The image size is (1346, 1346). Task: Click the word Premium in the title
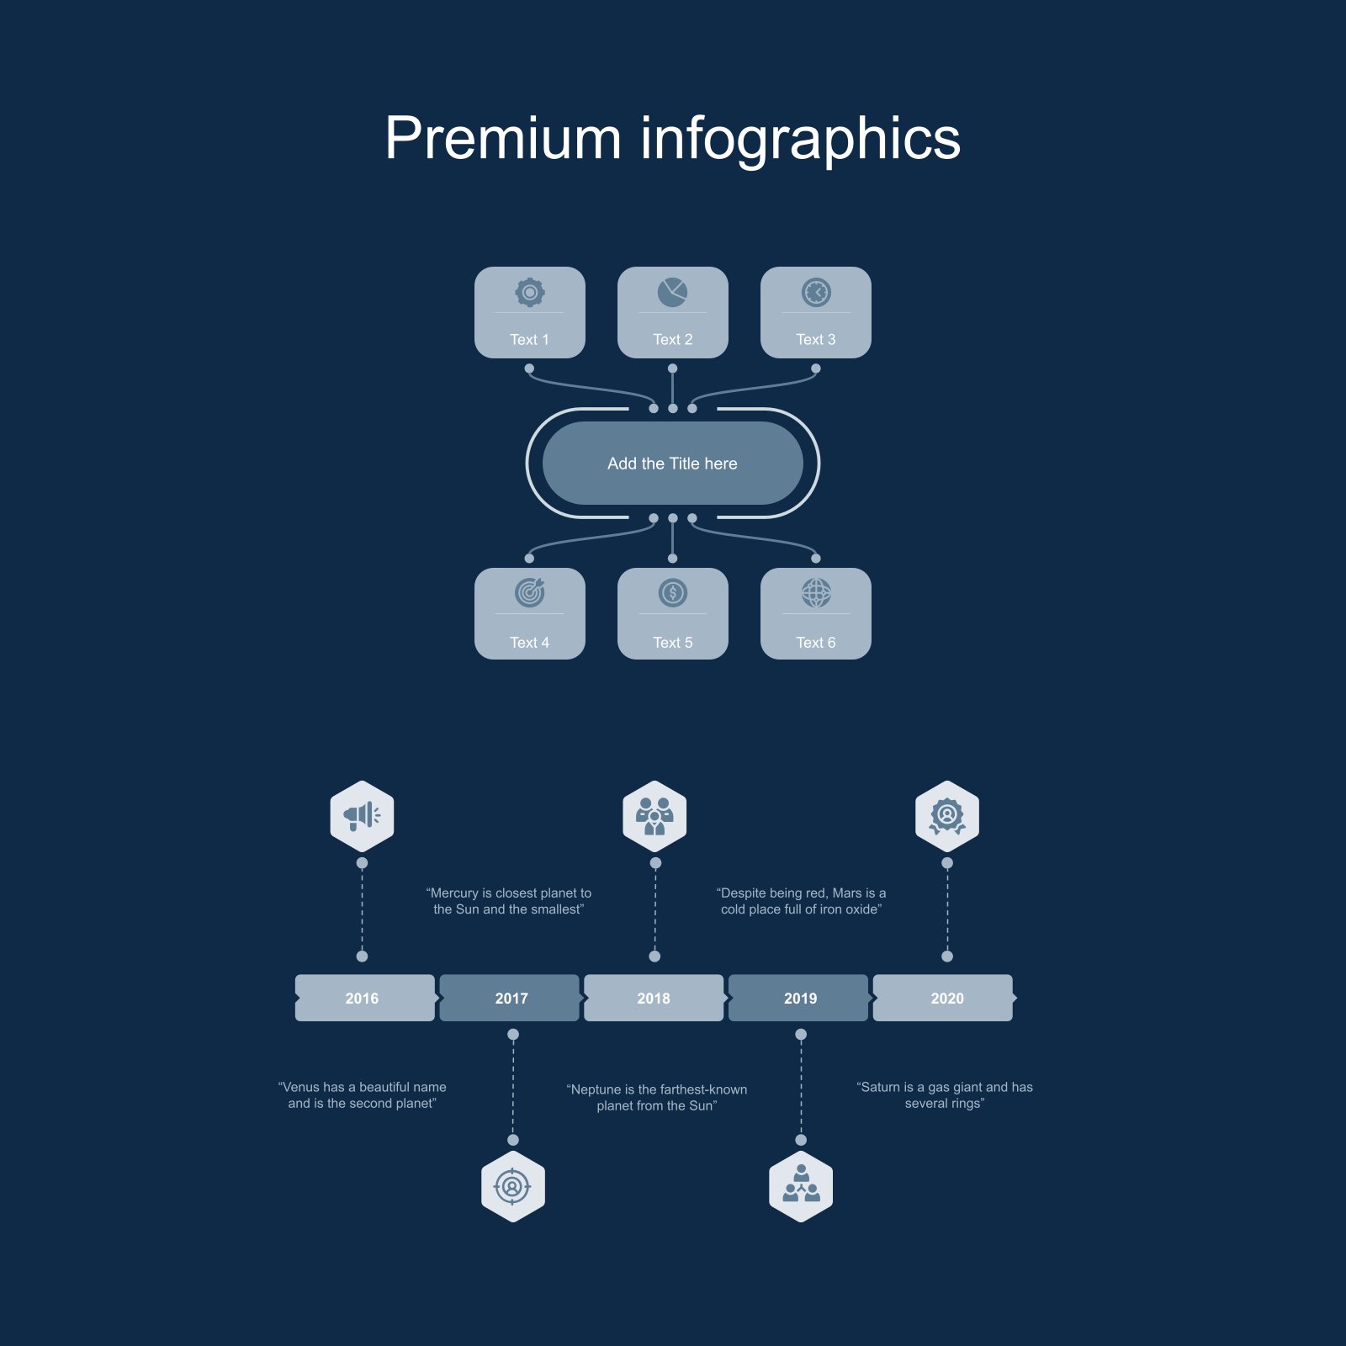pyautogui.click(x=502, y=138)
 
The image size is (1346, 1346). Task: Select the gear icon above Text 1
pyautogui.click(x=530, y=292)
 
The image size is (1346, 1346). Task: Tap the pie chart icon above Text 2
pyautogui.click(x=673, y=292)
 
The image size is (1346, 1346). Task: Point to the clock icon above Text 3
pyautogui.click(x=816, y=292)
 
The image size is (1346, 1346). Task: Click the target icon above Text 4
pyautogui.click(x=530, y=593)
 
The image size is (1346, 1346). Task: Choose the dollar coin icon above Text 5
pyautogui.click(x=673, y=593)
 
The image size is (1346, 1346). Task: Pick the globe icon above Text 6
pyautogui.click(x=816, y=593)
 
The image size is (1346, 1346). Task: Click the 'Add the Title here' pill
pyautogui.click(x=673, y=464)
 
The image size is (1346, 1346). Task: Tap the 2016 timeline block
pyautogui.click(x=365, y=998)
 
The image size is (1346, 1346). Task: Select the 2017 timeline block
pyautogui.click(x=510, y=998)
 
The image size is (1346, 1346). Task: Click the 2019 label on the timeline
pyautogui.click(x=800, y=999)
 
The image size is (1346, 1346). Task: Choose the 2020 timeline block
pyautogui.click(x=944, y=998)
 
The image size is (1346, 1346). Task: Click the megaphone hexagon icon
pyautogui.click(x=362, y=816)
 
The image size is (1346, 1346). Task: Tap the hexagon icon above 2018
pyautogui.click(x=654, y=816)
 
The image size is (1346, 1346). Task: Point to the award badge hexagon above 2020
pyautogui.click(x=947, y=816)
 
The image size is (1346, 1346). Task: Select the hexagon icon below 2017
pyautogui.click(x=513, y=1186)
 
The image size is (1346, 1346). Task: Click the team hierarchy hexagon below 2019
pyautogui.click(x=801, y=1186)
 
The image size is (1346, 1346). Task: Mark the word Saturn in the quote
pyautogui.click(x=881, y=1087)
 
